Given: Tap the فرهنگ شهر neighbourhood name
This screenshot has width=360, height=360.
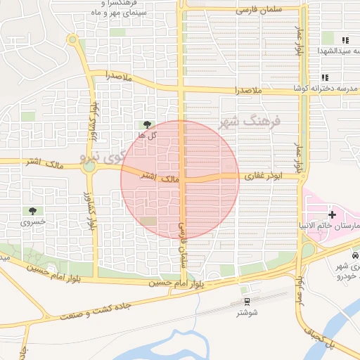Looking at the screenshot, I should click(x=250, y=122).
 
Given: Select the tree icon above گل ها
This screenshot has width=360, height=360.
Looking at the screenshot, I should click(x=147, y=124).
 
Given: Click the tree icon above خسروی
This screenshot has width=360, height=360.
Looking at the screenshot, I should click(x=33, y=211).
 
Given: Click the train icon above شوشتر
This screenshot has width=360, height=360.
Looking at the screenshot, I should click(x=247, y=302).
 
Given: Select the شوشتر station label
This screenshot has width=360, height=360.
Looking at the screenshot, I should click(x=247, y=312).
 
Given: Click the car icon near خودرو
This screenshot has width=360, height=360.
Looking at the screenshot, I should click(x=354, y=257).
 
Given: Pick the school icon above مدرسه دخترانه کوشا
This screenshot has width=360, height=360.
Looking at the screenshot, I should click(x=324, y=77).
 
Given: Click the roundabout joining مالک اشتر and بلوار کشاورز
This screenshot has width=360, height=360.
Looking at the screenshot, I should click(x=89, y=167).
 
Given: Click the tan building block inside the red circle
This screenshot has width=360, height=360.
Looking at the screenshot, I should click(x=149, y=221).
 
